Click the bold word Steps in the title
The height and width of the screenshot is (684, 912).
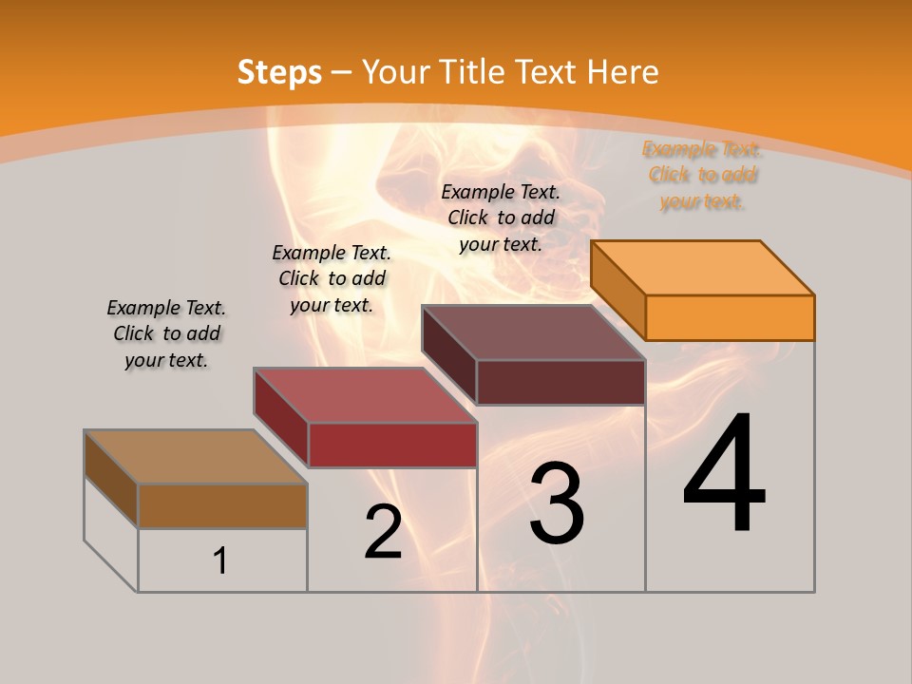[x=279, y=72]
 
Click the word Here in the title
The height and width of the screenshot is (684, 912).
[x=622, y=72]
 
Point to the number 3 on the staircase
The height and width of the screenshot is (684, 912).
[x=556, y=504]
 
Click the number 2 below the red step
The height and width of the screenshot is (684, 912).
[x=383, y=532]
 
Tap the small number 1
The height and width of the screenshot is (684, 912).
[x=220, y=561]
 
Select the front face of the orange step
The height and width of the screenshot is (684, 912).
[x=730, y=317]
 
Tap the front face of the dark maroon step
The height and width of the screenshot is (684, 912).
[x=560, y=382]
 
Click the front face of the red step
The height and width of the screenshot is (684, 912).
[x=391, y=445]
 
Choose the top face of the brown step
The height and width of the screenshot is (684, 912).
[x=196, y=457]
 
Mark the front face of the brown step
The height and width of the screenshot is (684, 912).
[x=222, y=505]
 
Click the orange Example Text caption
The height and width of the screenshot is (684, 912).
[x=702, y=175]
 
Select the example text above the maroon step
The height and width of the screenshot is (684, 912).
[x=501, y=218]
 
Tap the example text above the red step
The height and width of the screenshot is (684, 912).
[x=332, y=278]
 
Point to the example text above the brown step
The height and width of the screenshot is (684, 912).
[x=166, y=333]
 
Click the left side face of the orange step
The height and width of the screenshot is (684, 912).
[x=618, y=290]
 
